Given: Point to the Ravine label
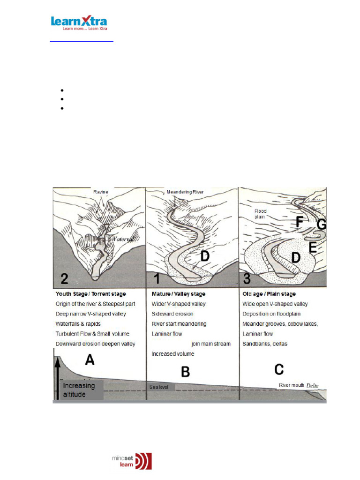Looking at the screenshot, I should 101,192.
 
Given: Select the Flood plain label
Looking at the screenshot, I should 261,214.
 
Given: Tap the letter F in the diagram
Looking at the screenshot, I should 299,222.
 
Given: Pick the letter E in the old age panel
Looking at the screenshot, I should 312,247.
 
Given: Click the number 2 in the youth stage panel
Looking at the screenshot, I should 65,279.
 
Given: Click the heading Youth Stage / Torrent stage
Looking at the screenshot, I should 93,294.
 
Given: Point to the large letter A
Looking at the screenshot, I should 89,360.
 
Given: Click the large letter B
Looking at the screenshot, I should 186,372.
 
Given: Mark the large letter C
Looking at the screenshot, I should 279,369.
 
